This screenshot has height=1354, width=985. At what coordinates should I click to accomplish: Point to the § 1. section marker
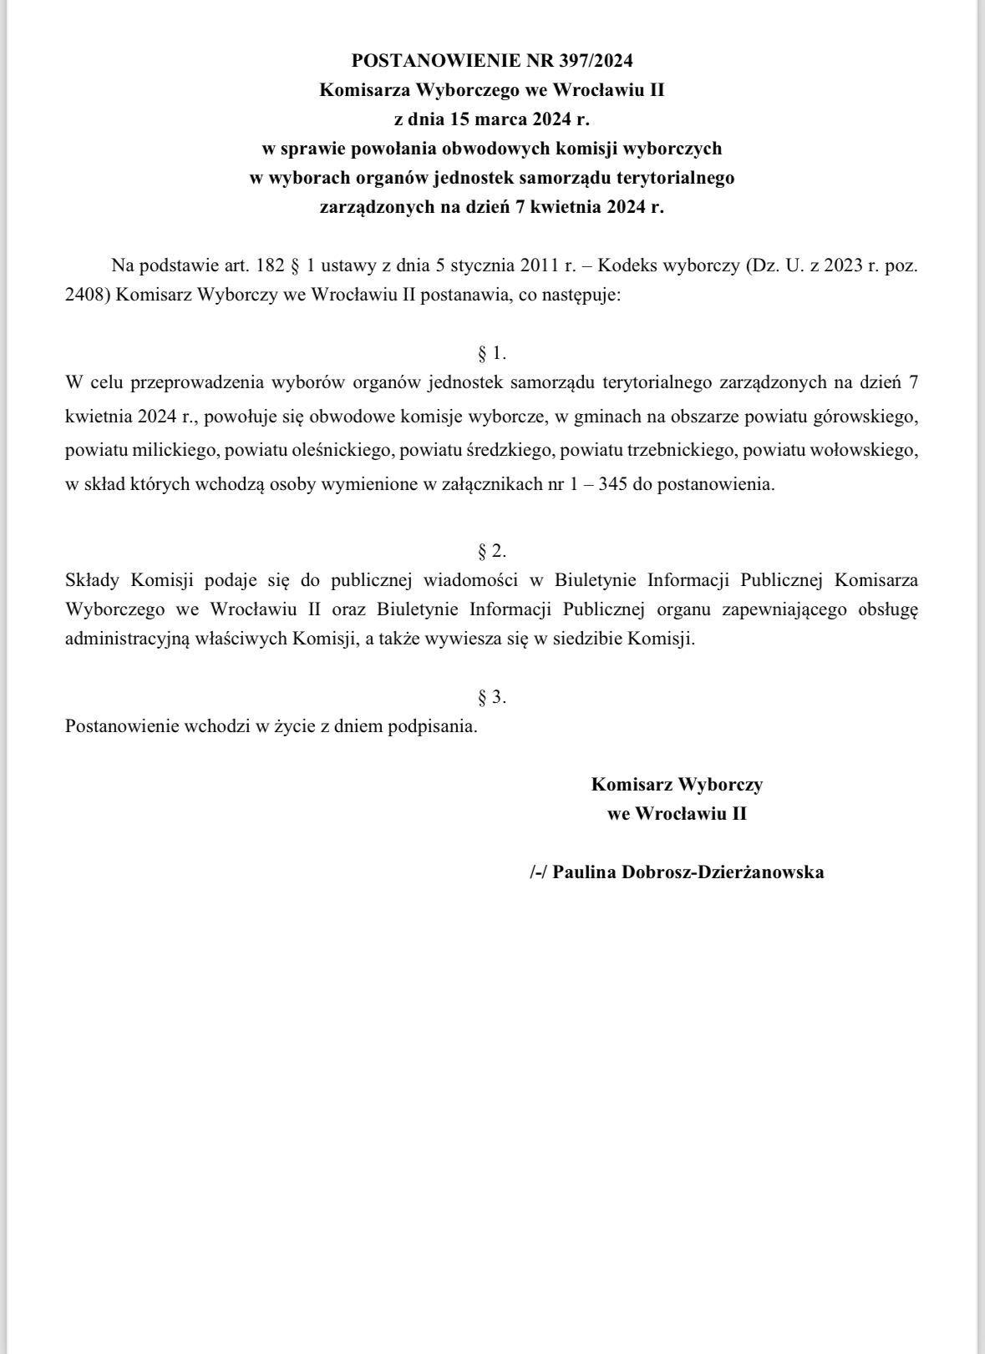pos(492,353)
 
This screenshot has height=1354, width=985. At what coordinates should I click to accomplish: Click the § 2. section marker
pos(492,551)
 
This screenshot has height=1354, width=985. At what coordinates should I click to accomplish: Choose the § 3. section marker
pos(492,696)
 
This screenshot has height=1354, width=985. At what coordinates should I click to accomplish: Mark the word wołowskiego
pos(868,451)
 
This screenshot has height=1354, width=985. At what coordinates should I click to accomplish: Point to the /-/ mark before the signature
pos(538,872)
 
